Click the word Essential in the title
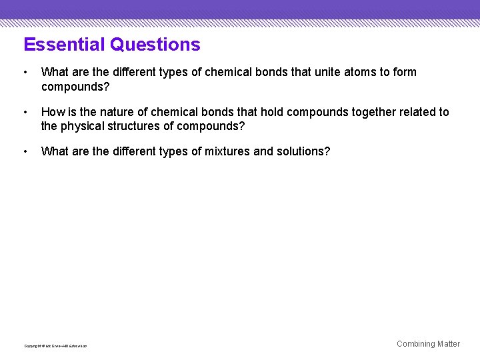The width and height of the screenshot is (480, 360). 65,45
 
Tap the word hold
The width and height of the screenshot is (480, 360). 272,112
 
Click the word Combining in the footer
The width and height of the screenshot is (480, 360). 415,344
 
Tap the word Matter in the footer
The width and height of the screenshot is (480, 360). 449,344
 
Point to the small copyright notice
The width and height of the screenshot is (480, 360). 55,346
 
